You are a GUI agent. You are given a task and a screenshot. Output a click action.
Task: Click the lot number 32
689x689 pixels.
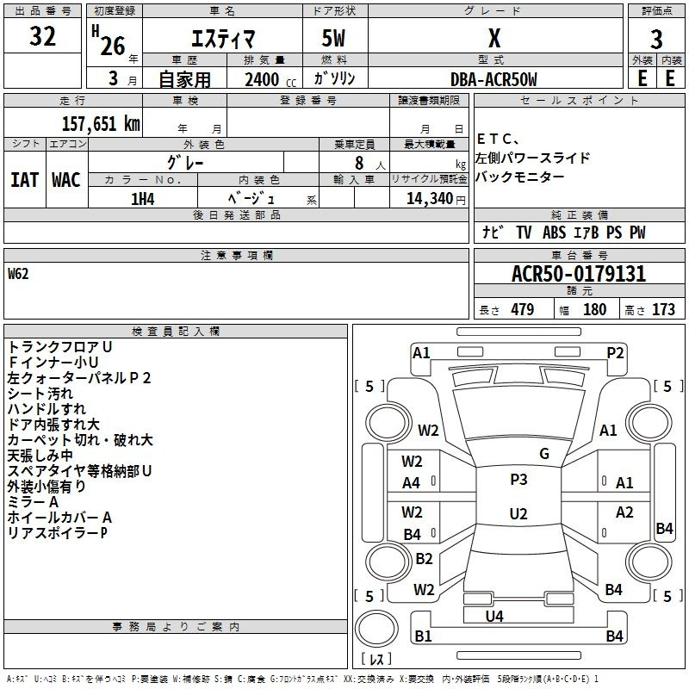coord(42,37)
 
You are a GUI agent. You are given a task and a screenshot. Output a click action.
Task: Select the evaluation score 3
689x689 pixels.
coord(657,40)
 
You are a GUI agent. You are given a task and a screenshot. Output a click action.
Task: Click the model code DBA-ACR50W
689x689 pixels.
coord(493,79)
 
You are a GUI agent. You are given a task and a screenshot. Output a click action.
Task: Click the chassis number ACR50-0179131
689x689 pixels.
coord(578,275)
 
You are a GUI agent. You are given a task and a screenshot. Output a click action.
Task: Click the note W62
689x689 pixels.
coord(18,275)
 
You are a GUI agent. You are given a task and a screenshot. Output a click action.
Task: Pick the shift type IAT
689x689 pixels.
coord(24,180)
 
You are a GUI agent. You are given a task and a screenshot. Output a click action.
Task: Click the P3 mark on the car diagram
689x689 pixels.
coord(518,480)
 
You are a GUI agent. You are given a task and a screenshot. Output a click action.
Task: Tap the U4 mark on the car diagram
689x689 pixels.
coord(494,616)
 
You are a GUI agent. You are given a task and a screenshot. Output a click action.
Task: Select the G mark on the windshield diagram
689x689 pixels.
coord(544,454)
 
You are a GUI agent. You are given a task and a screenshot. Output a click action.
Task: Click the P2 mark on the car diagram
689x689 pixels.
coord(615,351)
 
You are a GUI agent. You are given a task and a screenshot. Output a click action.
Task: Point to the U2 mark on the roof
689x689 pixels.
coord(518,514)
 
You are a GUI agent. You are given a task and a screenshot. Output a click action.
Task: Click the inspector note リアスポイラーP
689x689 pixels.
coord(57,532)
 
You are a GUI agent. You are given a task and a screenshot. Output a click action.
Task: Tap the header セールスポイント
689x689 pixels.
coord(568,101)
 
